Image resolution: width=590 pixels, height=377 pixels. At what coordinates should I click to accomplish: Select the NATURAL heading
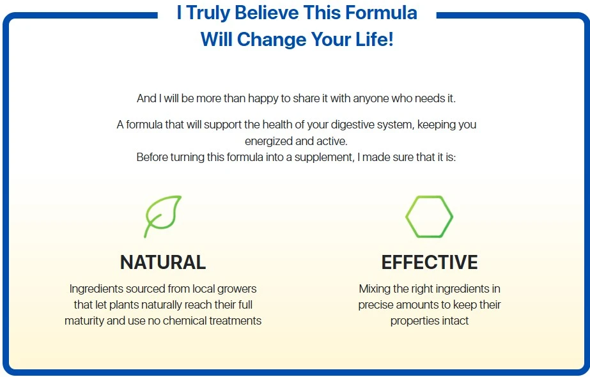click(x=163, y=262)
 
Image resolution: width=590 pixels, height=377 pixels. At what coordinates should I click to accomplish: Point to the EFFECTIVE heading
click(x=430, y=262)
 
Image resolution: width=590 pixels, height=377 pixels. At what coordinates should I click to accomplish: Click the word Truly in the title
click(x=208, y=13)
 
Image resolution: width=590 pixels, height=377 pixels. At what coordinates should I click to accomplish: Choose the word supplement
click(x=324, y=157)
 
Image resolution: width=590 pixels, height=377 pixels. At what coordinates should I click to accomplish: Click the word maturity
click(x=84, y=321)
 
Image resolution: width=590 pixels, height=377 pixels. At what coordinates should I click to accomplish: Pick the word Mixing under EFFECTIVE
click(x=375, y=289)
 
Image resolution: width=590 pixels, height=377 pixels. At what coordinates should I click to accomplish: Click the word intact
click(x=455, y=321)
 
